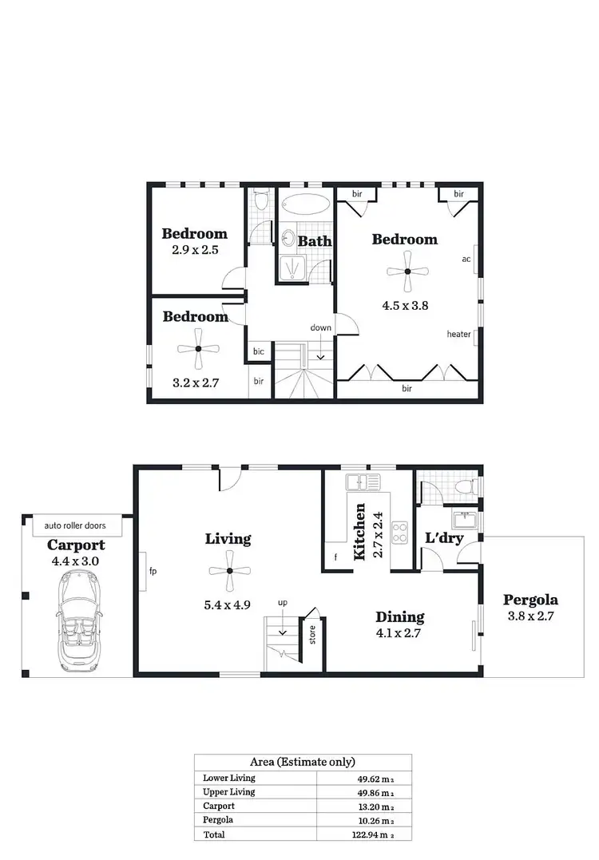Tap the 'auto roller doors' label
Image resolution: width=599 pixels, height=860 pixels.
(75, 526)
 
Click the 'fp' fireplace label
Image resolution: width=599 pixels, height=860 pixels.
(153, 572)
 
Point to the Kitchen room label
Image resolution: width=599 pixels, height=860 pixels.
(360, 532)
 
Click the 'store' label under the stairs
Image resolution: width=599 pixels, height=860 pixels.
(311, 636)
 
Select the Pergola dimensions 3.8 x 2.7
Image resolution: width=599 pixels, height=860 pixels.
(530, 616)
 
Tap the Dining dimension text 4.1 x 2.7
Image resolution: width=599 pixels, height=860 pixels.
(399, 633)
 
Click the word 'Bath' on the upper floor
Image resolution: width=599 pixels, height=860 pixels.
(315, 240)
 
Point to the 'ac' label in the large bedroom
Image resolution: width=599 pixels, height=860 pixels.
(466, 260)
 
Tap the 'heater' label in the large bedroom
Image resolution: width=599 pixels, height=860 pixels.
(458, 335)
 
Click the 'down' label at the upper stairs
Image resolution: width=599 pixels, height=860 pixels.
(321, 328)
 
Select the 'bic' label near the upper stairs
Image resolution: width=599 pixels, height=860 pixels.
(259, 351)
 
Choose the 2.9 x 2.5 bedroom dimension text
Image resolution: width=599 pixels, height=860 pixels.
(195, 250)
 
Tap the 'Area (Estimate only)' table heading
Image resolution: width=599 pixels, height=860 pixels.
(303, 762)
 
